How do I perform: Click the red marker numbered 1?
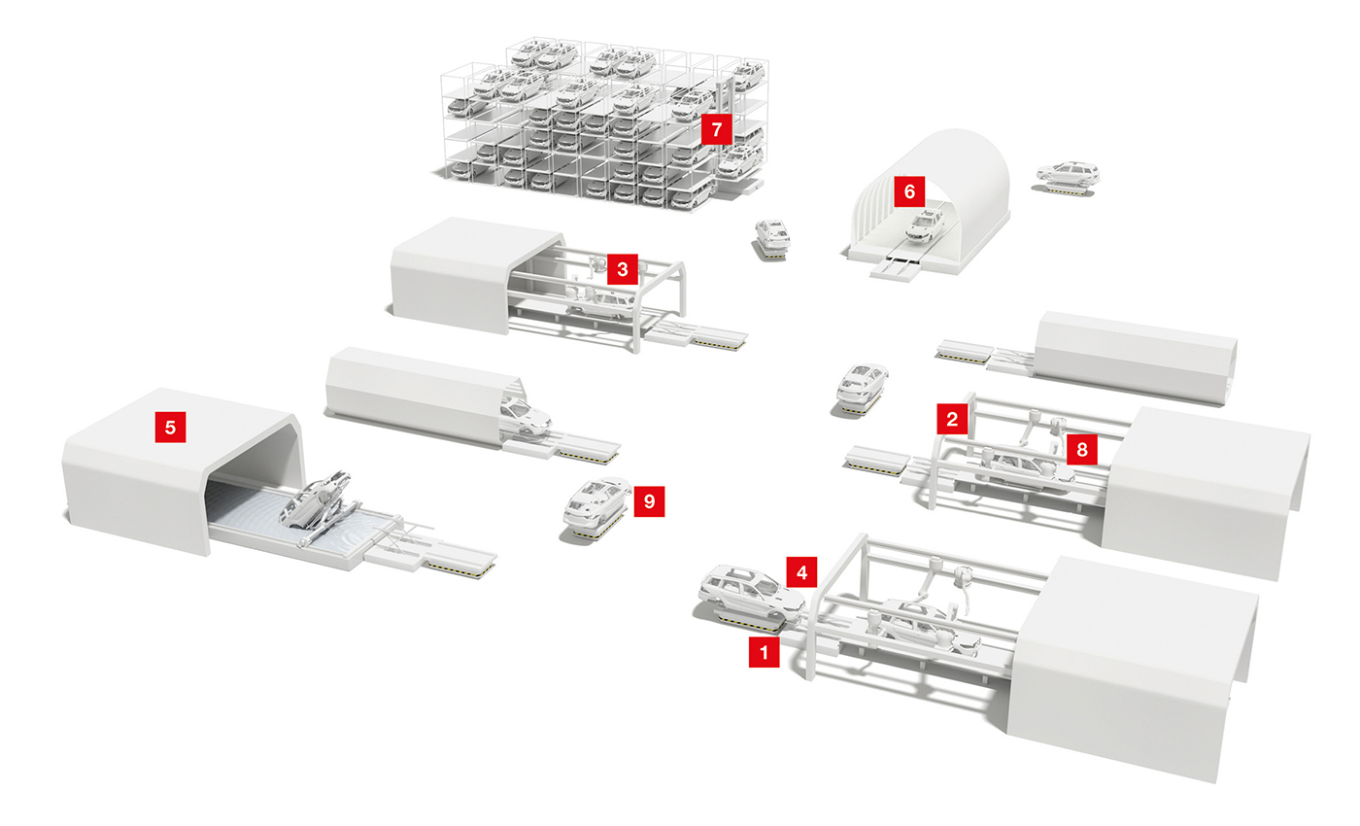point(764,652)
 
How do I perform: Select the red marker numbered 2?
point(952,419)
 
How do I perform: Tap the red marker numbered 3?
point(623,269)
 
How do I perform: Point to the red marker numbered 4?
point(802,571)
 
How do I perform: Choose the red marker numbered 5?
point(170,427)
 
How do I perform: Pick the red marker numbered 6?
point(909,191)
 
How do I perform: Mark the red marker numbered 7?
point(717,128)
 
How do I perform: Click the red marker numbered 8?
point(1082,449)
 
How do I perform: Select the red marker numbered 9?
point(649,501)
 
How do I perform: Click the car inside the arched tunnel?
point(925,225)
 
